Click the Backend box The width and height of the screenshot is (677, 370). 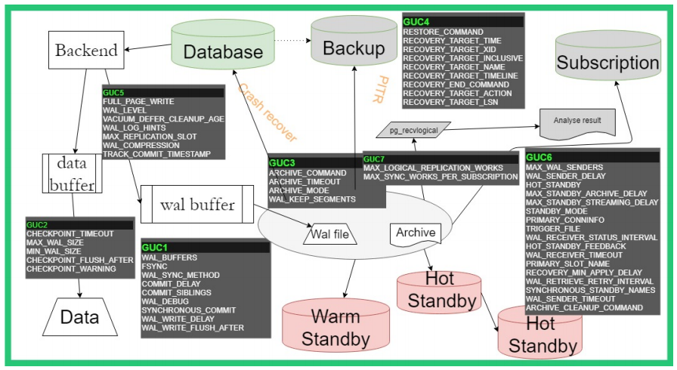coord(87,51)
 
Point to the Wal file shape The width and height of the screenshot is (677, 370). coord(330,236)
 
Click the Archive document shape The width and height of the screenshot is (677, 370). coord(416,233)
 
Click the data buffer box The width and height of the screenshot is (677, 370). coord(73,173)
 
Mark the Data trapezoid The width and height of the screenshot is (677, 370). coord(79,316)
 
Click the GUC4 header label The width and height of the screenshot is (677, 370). coord(416,22)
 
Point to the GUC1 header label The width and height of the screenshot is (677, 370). coord(155,247)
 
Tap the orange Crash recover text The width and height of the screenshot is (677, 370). coord(267,113)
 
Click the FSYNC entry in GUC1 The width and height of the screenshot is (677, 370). coord(156,266)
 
